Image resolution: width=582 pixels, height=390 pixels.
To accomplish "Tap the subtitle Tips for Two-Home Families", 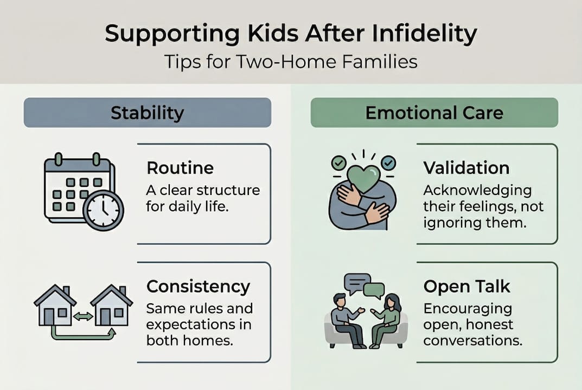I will coord(291,61).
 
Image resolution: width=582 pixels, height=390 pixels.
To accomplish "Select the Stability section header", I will coord(147,113).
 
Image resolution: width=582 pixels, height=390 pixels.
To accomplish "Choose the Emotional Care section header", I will coord(434,113).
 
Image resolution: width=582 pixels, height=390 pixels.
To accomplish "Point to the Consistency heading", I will coord(198,286).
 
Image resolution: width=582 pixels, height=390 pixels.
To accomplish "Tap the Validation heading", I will coord(466,168).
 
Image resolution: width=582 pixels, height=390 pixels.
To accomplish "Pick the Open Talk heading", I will coord(466,286).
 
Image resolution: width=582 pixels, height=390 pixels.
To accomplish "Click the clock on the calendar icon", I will coord(103,210).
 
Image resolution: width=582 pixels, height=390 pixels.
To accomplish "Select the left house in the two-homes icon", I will coord(55,307).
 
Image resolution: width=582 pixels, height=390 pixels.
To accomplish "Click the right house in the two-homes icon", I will coord(111,307).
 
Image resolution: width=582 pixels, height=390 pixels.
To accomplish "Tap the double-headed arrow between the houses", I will coord(83,316).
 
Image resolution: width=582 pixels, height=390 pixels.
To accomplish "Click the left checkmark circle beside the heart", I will coord(338,162).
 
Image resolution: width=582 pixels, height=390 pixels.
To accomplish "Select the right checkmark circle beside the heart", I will coord(388,162).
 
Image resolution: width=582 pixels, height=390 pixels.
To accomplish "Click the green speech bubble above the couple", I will coord(374,290).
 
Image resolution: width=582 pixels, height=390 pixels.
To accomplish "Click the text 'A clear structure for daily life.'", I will coord(203,198).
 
